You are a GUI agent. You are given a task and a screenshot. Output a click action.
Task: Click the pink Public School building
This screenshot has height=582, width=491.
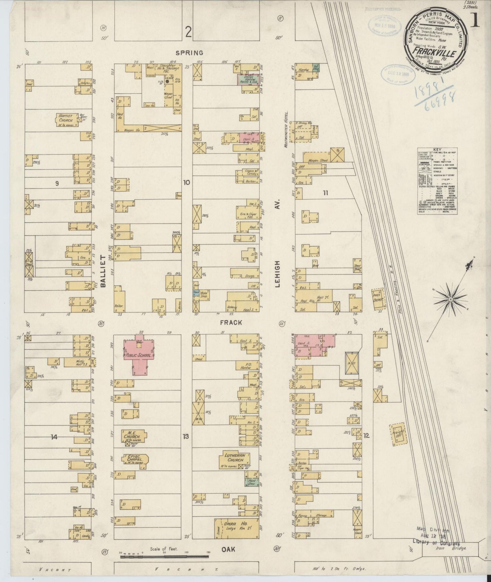pyautogui.click(x=139, y=355)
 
